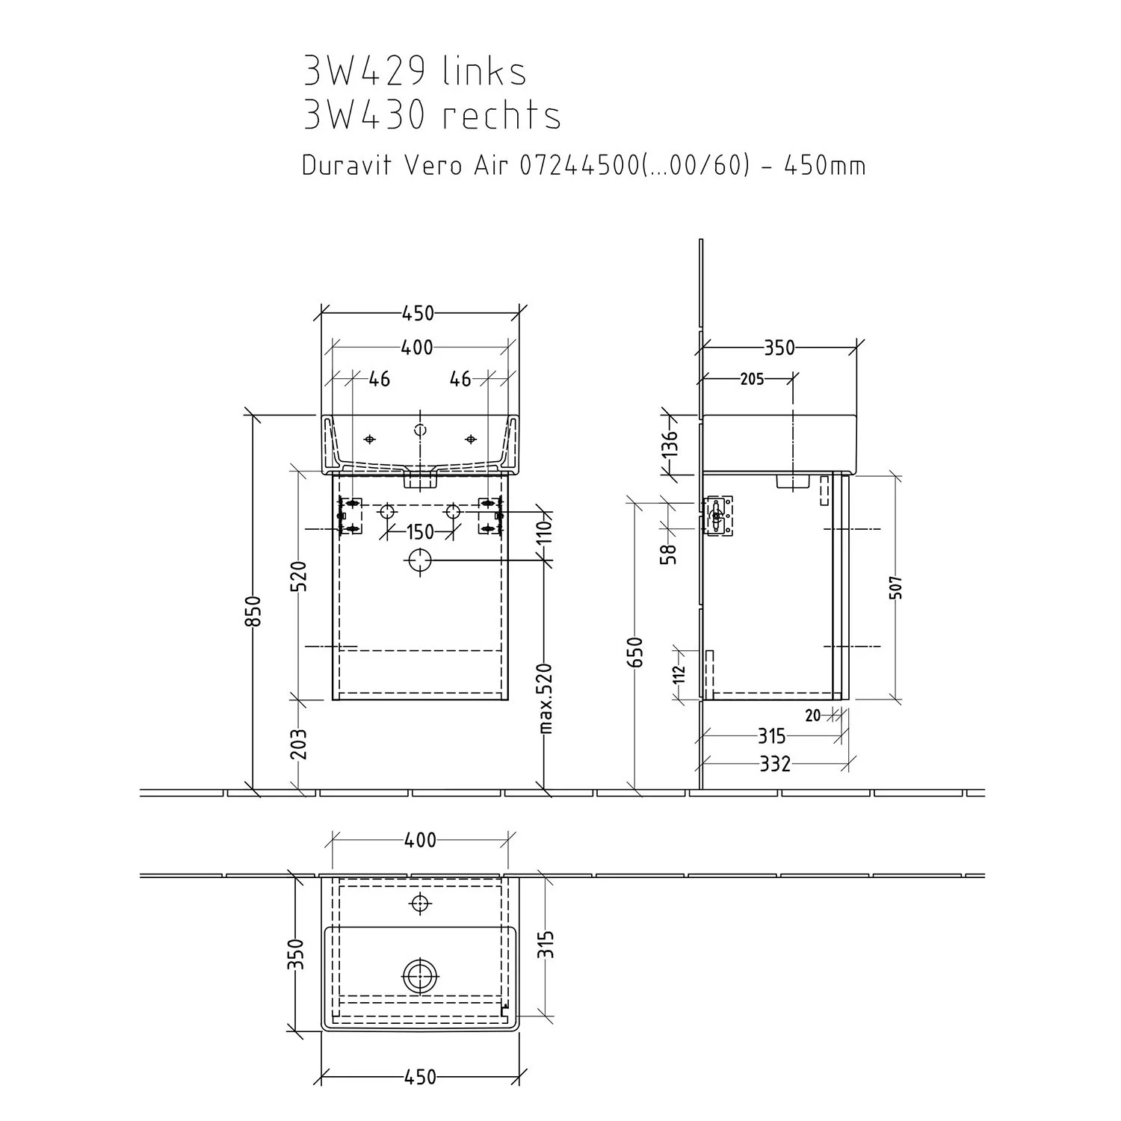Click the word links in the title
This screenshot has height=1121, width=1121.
(484, 72)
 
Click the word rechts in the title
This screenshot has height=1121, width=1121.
(501, 115)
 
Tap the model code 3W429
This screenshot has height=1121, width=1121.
(365, 72)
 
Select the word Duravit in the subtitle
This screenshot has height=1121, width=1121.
(348, 165)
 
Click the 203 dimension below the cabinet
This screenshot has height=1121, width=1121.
(299, 744)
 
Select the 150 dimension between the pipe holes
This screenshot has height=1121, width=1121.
(420, 531)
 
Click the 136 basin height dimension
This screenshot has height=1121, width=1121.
(670, 443)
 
